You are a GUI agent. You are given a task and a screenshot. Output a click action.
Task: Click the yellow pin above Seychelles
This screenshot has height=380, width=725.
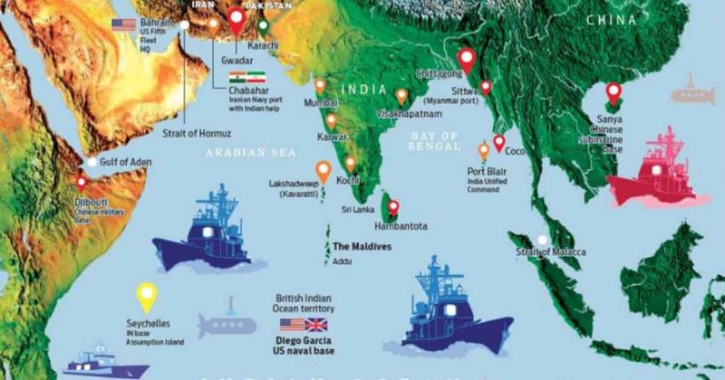pyautogui.click(x=146, y=296)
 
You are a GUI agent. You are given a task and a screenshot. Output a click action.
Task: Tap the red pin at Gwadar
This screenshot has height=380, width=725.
pyautogui.click(x=238, y=19)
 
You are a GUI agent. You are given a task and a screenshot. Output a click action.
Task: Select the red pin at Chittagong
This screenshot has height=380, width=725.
pyautogui.click(x=467, y=60)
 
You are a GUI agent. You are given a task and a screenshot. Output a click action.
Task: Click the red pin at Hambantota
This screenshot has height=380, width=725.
pyautogui.click(x=393, y=206)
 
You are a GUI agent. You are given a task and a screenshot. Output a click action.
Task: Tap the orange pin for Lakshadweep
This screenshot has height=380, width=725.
pyautogui.click(x=322, y=169)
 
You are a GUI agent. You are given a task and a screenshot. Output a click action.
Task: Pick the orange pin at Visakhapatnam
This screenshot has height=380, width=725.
pyautogui.click(x=401, y=95)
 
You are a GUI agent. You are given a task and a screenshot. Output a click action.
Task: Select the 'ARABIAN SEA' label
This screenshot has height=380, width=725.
pyautogui.click(x=239, y=153)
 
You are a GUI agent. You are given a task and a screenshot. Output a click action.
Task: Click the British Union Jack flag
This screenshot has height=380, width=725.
pyautogui.click(x=316, y=324)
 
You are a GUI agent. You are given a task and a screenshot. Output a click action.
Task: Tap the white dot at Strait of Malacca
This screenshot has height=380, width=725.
pyautogui.click(x=542, y=240)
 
